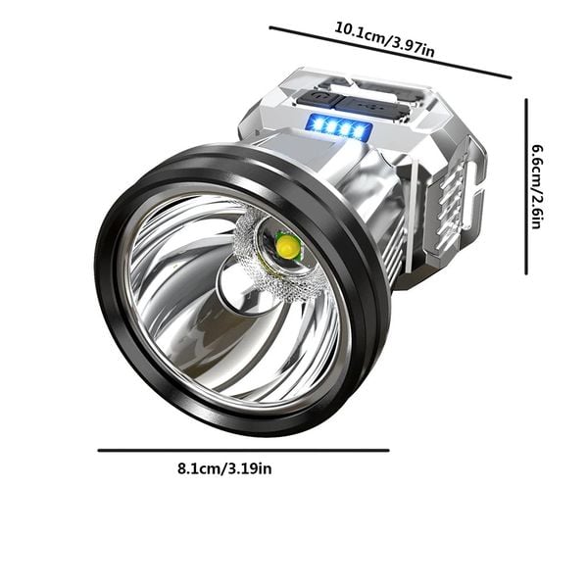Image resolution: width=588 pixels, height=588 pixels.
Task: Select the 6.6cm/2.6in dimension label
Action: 538,186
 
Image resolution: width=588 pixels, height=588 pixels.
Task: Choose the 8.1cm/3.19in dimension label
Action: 224,468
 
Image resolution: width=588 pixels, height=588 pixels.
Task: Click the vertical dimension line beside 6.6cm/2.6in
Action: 526,186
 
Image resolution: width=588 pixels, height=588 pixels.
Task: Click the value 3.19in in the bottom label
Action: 249,468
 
